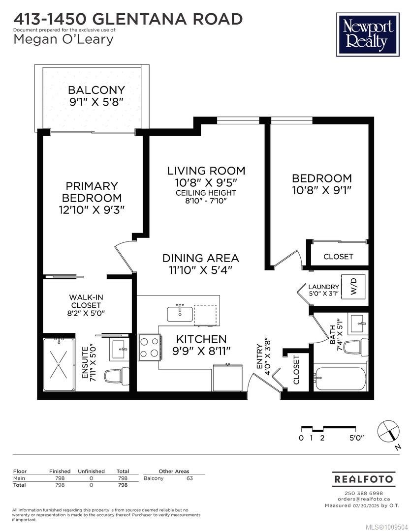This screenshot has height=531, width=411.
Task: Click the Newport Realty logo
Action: (x=368, y=34)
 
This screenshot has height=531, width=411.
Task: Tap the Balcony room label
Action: (x=96, y=90)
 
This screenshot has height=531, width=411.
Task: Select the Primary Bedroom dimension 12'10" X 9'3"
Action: (x=92, y=210)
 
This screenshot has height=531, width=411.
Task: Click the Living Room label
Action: (x=206, y=171)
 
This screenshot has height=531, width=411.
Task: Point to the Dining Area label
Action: (x=201, y=258)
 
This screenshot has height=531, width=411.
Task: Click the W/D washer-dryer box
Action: (x=354, y=287)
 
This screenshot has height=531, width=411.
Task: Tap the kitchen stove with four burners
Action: (x=149, y=348)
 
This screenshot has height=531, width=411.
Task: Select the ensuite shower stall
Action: (x=59, y=364)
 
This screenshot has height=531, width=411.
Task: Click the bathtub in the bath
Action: (x=340, y=378)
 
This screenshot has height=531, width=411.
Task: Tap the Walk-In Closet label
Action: (x=86, y=301)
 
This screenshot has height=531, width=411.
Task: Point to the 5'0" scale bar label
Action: (x=357, y=438)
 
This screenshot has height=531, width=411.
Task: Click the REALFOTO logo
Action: (x=363, y=479)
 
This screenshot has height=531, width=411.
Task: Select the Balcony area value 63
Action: (x=190, y=478)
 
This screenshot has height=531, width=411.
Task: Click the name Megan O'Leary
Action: (x=63, y=40)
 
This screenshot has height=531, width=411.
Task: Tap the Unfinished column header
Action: (x=91, y=471)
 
